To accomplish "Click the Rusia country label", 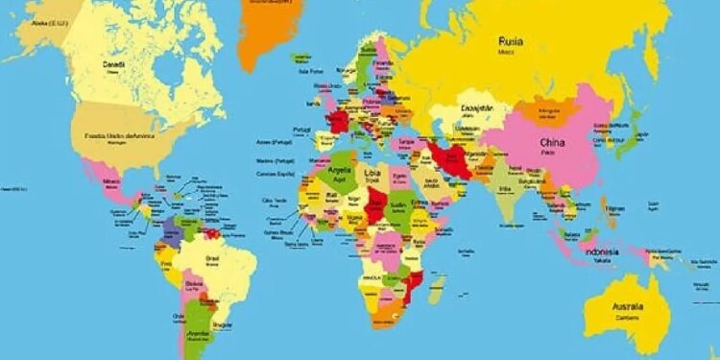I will pos(511,40).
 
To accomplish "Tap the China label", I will pos(552,143).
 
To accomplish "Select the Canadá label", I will pos(113,64).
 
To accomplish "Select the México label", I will pos(111,180).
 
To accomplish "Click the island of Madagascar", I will pos(437,288).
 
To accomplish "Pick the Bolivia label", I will pos(195,283).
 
